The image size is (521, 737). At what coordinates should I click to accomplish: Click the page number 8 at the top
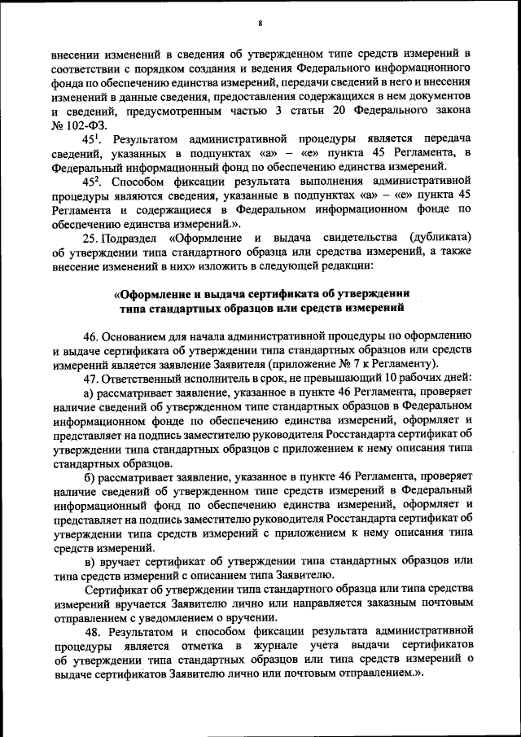[x=260, y=22]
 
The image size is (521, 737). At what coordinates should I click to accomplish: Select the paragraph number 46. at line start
[x=92, y=336]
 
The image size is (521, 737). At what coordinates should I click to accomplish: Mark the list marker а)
[x=90, y=392]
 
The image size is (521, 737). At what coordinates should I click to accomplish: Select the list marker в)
[x=90, y=560]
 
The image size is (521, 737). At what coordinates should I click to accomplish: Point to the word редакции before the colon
[x=345, y=265]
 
